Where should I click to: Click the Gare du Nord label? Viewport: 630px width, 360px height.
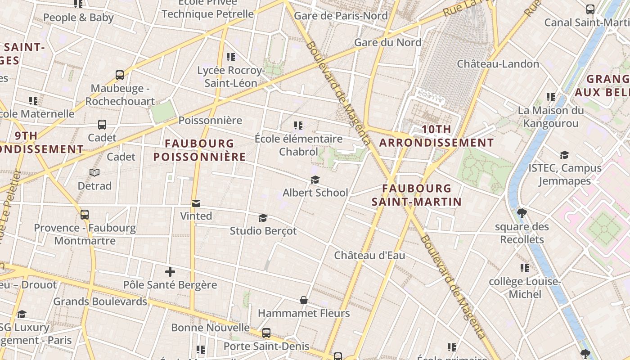pos(387,42)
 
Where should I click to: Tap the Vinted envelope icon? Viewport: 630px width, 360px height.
pos(196,203)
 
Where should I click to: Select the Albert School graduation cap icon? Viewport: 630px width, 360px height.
pos(315,180)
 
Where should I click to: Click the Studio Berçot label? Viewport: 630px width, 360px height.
pos(263,231)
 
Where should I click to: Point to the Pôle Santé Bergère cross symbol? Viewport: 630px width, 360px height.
pos(170,272)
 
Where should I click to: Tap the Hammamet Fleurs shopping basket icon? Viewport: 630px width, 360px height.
pos(304,300)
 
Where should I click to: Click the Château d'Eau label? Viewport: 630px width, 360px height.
pos(369,256)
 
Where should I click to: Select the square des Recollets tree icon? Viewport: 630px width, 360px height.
pos(522,213)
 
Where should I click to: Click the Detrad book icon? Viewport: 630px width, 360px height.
pos(94,173)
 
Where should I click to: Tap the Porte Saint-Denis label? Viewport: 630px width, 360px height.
pos(266,346)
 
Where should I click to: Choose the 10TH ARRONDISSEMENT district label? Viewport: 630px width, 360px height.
pos(436,136)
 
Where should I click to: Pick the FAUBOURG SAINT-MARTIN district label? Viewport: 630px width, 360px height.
pos(417,195)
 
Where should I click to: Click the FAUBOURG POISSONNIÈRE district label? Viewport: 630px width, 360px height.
pos(199,150)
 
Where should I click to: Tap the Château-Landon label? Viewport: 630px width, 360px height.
pos(498,64)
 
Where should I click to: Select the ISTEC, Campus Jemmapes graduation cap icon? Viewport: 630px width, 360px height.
pos(564,155)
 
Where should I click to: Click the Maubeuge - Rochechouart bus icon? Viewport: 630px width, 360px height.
pos(120,75)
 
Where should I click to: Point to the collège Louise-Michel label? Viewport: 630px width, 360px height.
pos(525,288)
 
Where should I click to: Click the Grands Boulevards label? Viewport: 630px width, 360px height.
pos(100,301)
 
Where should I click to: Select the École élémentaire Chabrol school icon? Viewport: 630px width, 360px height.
pos(298,126)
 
